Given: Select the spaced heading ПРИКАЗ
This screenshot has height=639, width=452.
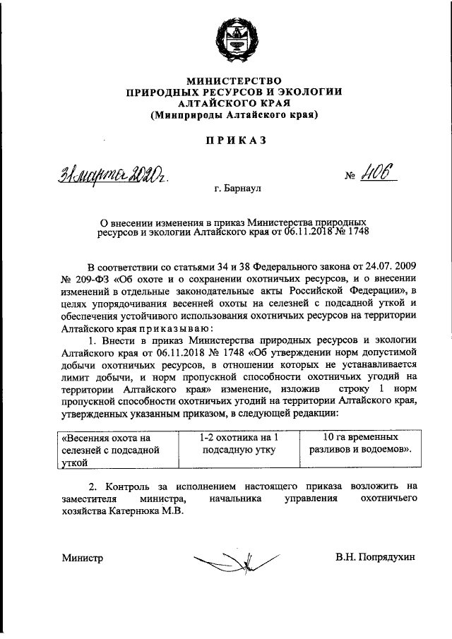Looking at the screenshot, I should tap(235, 141).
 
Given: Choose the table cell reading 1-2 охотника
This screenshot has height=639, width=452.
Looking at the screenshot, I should tap(233, 443).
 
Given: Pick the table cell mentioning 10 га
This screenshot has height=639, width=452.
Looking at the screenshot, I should tap(357, 443).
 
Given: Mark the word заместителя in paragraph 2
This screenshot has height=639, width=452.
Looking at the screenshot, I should tap(93, 498).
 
